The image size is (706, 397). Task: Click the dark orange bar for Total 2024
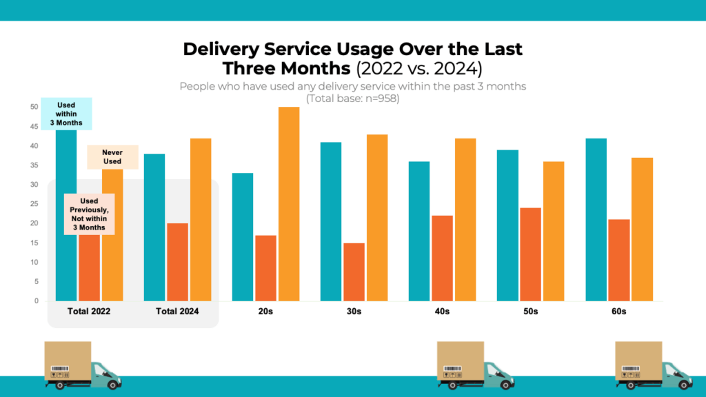[x=177, y=262]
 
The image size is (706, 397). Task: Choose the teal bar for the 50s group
[x=507, y=225]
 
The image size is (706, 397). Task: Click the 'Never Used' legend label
[x=112, y=157]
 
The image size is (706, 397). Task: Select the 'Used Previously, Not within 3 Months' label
[x=89, y=214]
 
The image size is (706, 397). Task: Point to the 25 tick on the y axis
[x=34, y=204]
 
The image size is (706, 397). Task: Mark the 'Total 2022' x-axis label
[x=89, y=312]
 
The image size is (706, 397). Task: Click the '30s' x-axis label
[x=354, y=312]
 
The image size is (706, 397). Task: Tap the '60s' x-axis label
[x=618, y=312]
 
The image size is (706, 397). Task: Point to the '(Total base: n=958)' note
[x=352, y=99]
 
